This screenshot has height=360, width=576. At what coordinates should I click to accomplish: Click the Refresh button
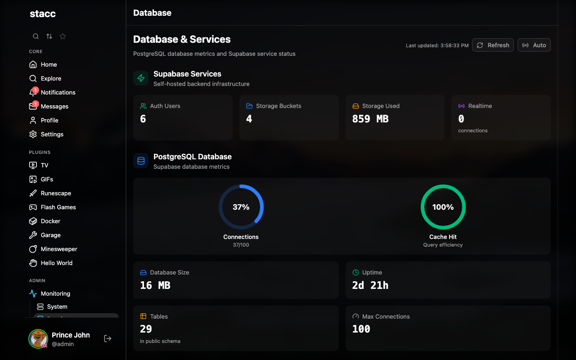(493, 45)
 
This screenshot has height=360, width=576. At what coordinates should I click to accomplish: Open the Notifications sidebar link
(58, 92)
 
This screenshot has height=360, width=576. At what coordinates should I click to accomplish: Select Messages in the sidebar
(54, 106)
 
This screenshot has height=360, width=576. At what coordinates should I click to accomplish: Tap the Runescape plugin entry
(56, 193)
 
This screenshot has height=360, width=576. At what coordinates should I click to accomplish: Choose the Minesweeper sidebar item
(58, 249)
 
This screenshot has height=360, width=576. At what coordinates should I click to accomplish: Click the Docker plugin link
(50, 221)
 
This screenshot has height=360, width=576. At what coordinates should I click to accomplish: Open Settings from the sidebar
(52, 134)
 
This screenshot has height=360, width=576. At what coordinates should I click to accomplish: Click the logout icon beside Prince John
(108, 338)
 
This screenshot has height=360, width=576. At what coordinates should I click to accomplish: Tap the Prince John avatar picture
(38, 339)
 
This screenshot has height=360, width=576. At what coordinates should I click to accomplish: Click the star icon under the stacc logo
(63, 36)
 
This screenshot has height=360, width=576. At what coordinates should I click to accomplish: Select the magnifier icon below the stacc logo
(36, 36)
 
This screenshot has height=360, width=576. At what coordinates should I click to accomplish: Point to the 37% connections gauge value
(241, 207)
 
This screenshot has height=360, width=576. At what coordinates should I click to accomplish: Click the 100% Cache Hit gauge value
(443, 207)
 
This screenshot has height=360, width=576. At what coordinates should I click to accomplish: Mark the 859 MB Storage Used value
(370, 119)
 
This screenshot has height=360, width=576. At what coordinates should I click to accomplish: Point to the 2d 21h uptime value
(370, 285)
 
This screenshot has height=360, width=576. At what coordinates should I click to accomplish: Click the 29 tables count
(146, 329)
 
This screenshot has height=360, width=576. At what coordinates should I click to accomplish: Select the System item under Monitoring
(57, 306)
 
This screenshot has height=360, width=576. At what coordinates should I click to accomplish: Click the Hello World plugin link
(56, 263)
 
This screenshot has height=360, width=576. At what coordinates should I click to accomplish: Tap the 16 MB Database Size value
(155, 285)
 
